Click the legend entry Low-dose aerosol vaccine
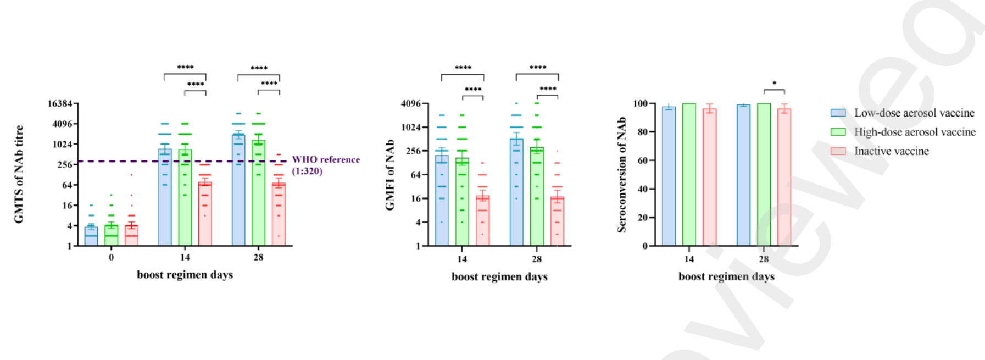[x=914, y=113]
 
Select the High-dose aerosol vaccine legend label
[x=914, y=132]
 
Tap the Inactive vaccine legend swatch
[x=838, y=151]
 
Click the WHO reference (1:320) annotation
[x=326, y=165]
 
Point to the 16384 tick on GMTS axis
[x=60, y=103]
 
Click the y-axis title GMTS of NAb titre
[x=19, y=174]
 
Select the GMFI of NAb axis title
[x=390, y=175]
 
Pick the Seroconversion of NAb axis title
[x=622, y=175]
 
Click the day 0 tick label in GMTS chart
[x=111, y=257]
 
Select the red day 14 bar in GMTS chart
[x=205, y=214]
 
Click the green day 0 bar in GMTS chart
[x=111, y=236]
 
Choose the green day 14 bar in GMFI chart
[x=462, y=202]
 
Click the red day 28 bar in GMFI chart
[x=557, y=221]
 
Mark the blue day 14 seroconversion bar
[x=669, y=176]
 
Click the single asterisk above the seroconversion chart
[x=774, y=84]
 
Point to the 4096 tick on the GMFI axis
[x=410, y=103]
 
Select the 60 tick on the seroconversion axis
[x=642, y=160]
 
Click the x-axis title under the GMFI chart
[x=499, y=276]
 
